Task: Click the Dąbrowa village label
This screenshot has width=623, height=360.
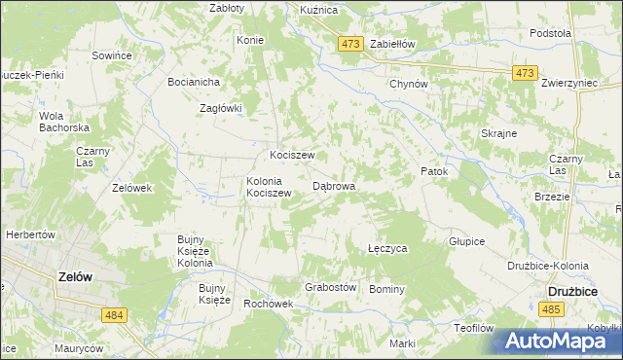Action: [334, 185]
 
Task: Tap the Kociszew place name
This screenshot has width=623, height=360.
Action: [291, 156]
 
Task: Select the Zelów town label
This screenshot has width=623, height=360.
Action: [75, 276]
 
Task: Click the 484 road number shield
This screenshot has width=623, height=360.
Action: [114, 314]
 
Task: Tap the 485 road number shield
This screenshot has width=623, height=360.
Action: [551, 308]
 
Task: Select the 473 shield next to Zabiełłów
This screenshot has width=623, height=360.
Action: [351, 44]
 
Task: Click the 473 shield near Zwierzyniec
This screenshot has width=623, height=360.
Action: [526, 73]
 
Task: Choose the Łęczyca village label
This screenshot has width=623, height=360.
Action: [387, 249]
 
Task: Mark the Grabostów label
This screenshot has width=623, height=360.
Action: [331, 288]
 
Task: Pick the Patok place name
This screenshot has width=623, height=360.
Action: [434, 172]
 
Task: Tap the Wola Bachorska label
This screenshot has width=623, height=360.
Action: [63, 122]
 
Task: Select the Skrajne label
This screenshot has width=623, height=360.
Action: [498, 133]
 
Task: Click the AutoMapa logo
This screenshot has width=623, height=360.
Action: [556, 342]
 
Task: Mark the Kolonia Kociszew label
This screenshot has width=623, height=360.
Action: [269, 187]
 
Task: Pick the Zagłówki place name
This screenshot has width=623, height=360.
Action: [220, 109]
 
